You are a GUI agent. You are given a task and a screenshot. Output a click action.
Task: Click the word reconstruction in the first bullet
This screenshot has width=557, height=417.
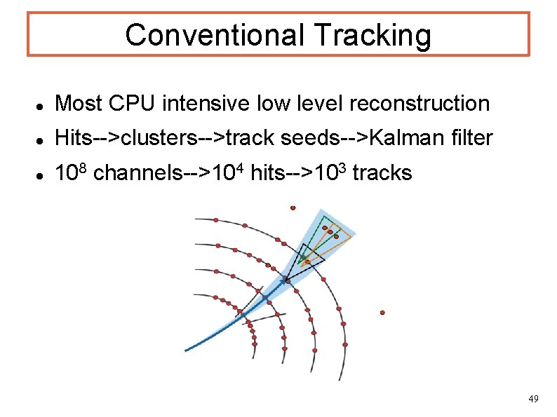tap(419, 104)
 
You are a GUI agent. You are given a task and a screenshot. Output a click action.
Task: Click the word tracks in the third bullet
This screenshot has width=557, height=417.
tap(382, 173)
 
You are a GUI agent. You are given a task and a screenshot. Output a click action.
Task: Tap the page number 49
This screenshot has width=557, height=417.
tap(533, 399)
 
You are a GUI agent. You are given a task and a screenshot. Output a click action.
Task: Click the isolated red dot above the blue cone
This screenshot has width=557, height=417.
tap(293, 207)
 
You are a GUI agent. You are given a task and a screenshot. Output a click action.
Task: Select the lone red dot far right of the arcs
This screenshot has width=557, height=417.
tap(382, 313)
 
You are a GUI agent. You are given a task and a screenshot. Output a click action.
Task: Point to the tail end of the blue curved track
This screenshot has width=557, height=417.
tap(187, 350)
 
